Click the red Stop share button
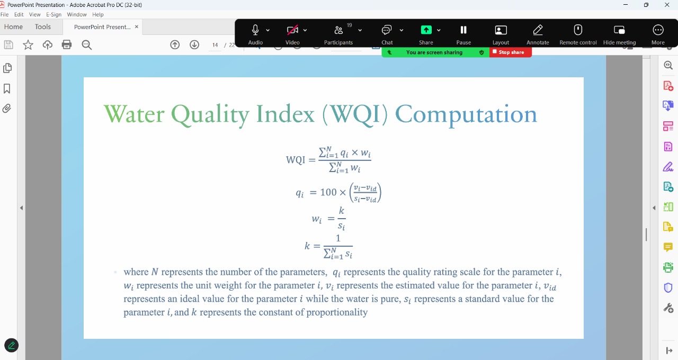[x=510, y=52]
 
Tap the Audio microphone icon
[x=255, y=30]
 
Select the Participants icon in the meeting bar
[x=338, y=30]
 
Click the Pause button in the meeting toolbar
[x=463, y=30]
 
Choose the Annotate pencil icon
[x=538, y=30]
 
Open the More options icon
[x=658, y=30]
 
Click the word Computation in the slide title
[x=466, y=115]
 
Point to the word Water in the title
[x=134, y=114]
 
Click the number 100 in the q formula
[x=328, y=192]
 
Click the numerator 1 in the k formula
[x=338, y=238]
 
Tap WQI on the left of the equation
[x=296, y=160]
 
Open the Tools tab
[x=43, y=27]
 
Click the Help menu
[x=98, y=14]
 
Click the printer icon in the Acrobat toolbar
[x=67, y=45]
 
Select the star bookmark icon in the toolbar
[x=28, y=45]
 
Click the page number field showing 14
[x=215, y=45]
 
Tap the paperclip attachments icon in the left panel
[x=7, y=109]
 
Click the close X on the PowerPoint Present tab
[x=137, y=26]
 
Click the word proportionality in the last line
[x=337, y=312]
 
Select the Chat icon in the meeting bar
[x=387, y=30]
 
